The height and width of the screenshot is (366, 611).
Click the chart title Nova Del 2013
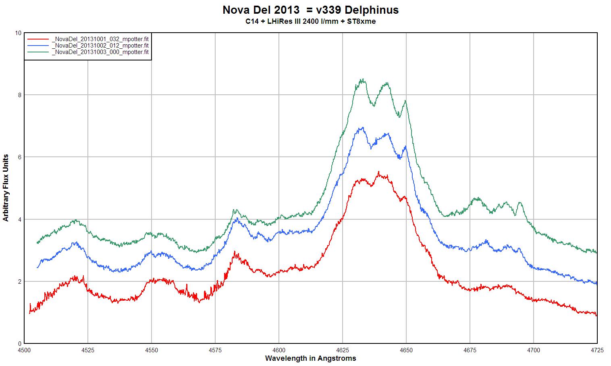[x=310, y=10]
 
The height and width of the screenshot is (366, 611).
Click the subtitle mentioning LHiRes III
[x=310, y=21]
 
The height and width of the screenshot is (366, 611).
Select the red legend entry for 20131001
[x=100, y=39]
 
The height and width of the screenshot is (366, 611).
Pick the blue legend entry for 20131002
[x=100, y=46]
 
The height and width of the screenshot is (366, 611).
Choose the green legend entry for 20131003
[x=100, y=52]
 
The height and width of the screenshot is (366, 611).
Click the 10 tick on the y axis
[x=18, y=33]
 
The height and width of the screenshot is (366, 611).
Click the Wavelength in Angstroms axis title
[x=310, y=358]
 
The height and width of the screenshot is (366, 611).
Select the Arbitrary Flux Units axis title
[x=6, y=187]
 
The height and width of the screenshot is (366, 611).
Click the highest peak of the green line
[x=363, y=79]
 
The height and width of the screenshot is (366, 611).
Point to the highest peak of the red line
[x=378, y=172]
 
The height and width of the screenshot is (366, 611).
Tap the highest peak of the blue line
[x=363, y=128]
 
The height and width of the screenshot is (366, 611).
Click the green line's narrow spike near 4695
[x=520, y=202]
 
